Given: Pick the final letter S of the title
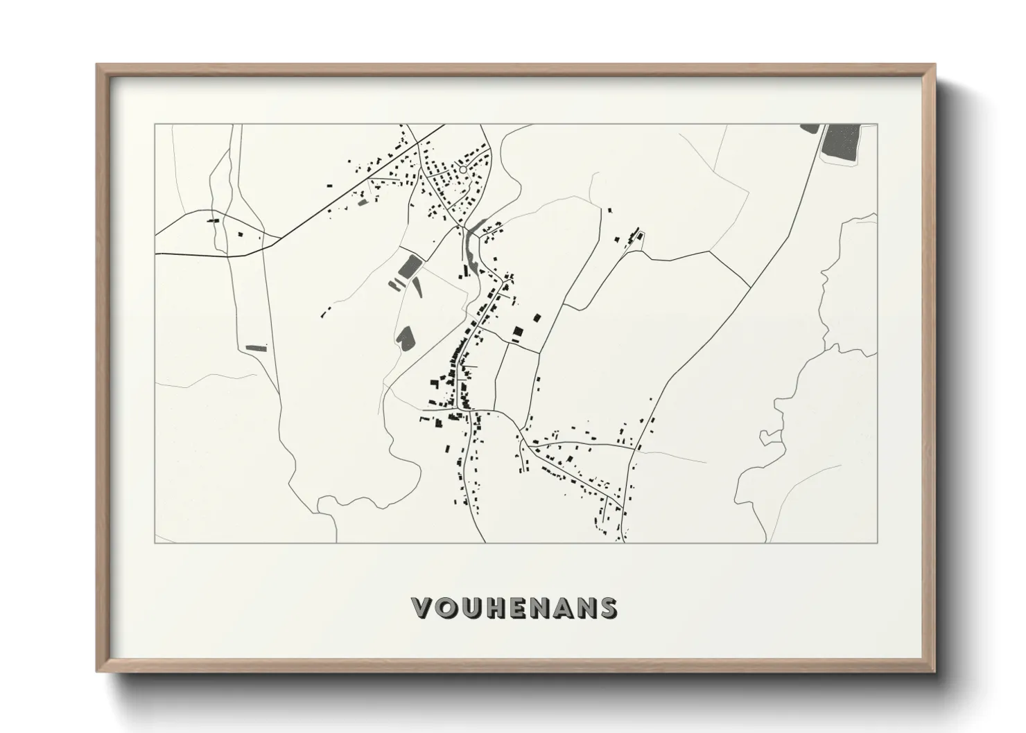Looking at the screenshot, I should pyautogui.click(x=607, y=608).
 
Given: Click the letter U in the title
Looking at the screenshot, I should pyautogui.click(x=471, y=608).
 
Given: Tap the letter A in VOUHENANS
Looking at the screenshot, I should pyautogui.click(x=558, y=608).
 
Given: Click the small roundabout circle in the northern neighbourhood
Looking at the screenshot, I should pyautogui.click(x=462, y=169).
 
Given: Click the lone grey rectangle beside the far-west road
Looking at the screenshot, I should pyautogui.click(x=256, y=346).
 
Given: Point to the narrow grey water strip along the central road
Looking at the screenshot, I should pyautogui.click(x=472, y=246).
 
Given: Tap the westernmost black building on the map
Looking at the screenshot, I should pyautogui.click(x=211, y=221).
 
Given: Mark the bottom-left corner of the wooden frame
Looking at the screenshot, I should pyautogui.click(x=98, y=671).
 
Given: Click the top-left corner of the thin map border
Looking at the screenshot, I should pyautogui.click(x=155, y=125).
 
